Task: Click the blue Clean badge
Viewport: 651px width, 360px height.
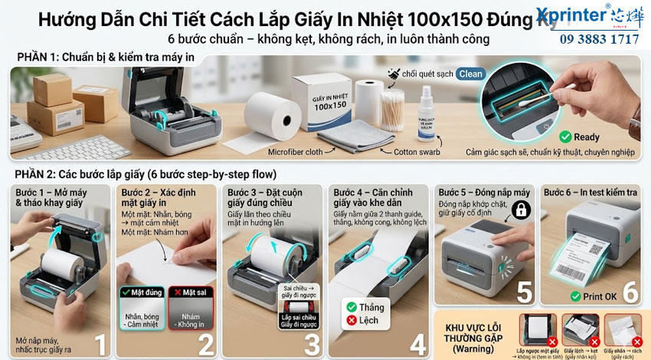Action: pyautogui.click(x=470, y=74)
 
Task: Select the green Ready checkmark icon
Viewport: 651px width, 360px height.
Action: pyautogui.click(x=565, y=137)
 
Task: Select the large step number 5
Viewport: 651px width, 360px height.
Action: pyautogui.click(x=524, y=292)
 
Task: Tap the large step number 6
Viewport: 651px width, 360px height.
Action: pyautogui.click(x=629, y=292)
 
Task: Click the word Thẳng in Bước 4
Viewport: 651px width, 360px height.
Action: pyautogui.click(x=371, y=306)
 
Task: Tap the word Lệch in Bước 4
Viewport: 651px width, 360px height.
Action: pyautogui.click(x=371, y=321)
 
